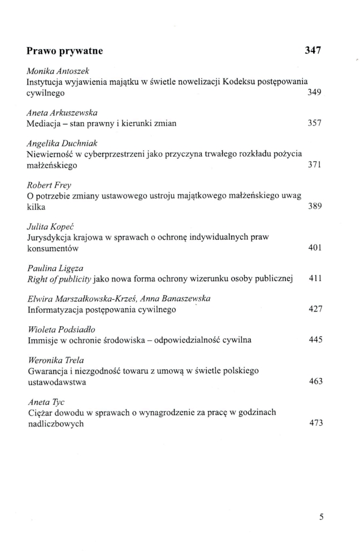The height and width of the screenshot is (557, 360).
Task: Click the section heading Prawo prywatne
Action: (x=64, y=51)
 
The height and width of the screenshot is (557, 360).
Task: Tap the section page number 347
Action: (x=313, y=50)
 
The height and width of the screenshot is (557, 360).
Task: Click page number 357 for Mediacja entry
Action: (x=314, y=124)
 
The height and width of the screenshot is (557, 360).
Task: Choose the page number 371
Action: (x=314, y=167)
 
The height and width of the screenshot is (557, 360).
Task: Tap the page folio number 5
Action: (x=321, y=516)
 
